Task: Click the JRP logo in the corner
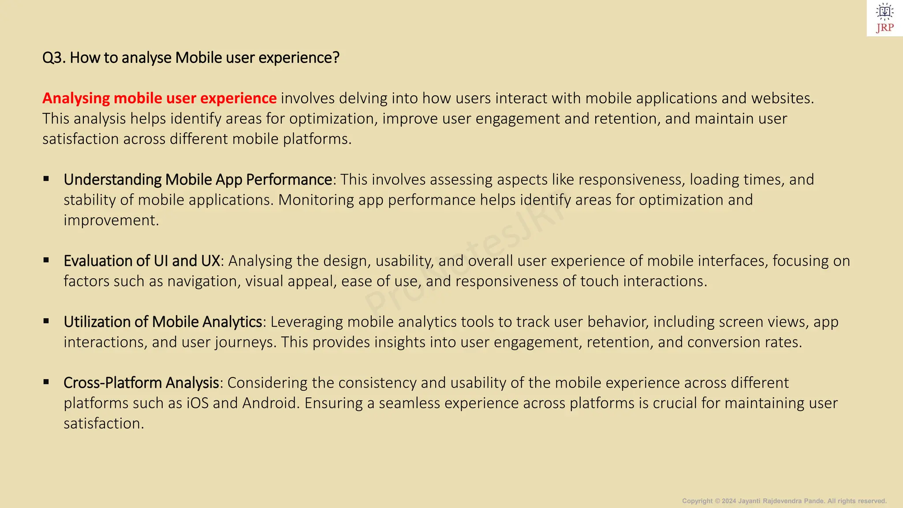(x=884, y=18)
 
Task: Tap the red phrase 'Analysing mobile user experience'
(x=159, y=98)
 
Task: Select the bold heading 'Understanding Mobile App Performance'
(x=198, y=179)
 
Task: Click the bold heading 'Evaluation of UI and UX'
(x=142, y=261)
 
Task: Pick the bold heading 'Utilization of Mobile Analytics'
(x=163, y=321)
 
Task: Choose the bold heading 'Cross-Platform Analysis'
(x=141, y=382)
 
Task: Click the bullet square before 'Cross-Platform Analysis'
(x=46, y=382)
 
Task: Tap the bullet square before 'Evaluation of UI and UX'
(x=46, y=260)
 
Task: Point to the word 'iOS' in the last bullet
(x=198, y=403)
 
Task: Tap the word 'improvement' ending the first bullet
(x=111, y=220)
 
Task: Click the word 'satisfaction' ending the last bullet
(x=103, y=423)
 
